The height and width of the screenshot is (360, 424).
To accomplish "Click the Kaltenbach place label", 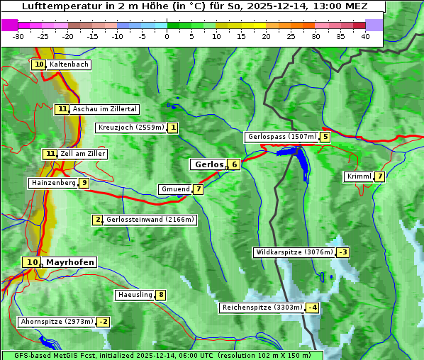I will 69,64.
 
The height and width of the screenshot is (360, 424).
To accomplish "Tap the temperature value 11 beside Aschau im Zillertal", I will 62,109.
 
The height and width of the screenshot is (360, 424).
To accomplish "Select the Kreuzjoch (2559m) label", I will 130,128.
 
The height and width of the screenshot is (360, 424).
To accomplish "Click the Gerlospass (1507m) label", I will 281,137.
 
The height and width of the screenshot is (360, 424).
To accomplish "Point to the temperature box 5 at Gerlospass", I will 325,137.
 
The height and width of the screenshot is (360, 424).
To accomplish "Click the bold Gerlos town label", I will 208,164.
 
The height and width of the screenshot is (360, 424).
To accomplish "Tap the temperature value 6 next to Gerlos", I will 234,164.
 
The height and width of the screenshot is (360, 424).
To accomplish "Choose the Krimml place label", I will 359,176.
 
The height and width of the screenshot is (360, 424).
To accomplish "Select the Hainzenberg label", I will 52,183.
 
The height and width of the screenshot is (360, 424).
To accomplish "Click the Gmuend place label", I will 174,189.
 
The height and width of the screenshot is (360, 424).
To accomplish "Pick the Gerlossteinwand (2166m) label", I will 150,220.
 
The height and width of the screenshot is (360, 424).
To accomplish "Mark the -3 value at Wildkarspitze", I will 343,252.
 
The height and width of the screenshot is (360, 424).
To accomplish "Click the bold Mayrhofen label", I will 69,262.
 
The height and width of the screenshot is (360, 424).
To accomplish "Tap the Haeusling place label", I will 135,295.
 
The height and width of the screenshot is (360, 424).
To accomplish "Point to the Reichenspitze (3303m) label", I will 262,308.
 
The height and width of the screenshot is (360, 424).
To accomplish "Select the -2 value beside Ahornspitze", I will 104,322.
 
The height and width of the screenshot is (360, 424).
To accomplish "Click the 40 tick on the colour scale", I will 365,36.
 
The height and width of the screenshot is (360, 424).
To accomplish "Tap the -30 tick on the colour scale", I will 18,36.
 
